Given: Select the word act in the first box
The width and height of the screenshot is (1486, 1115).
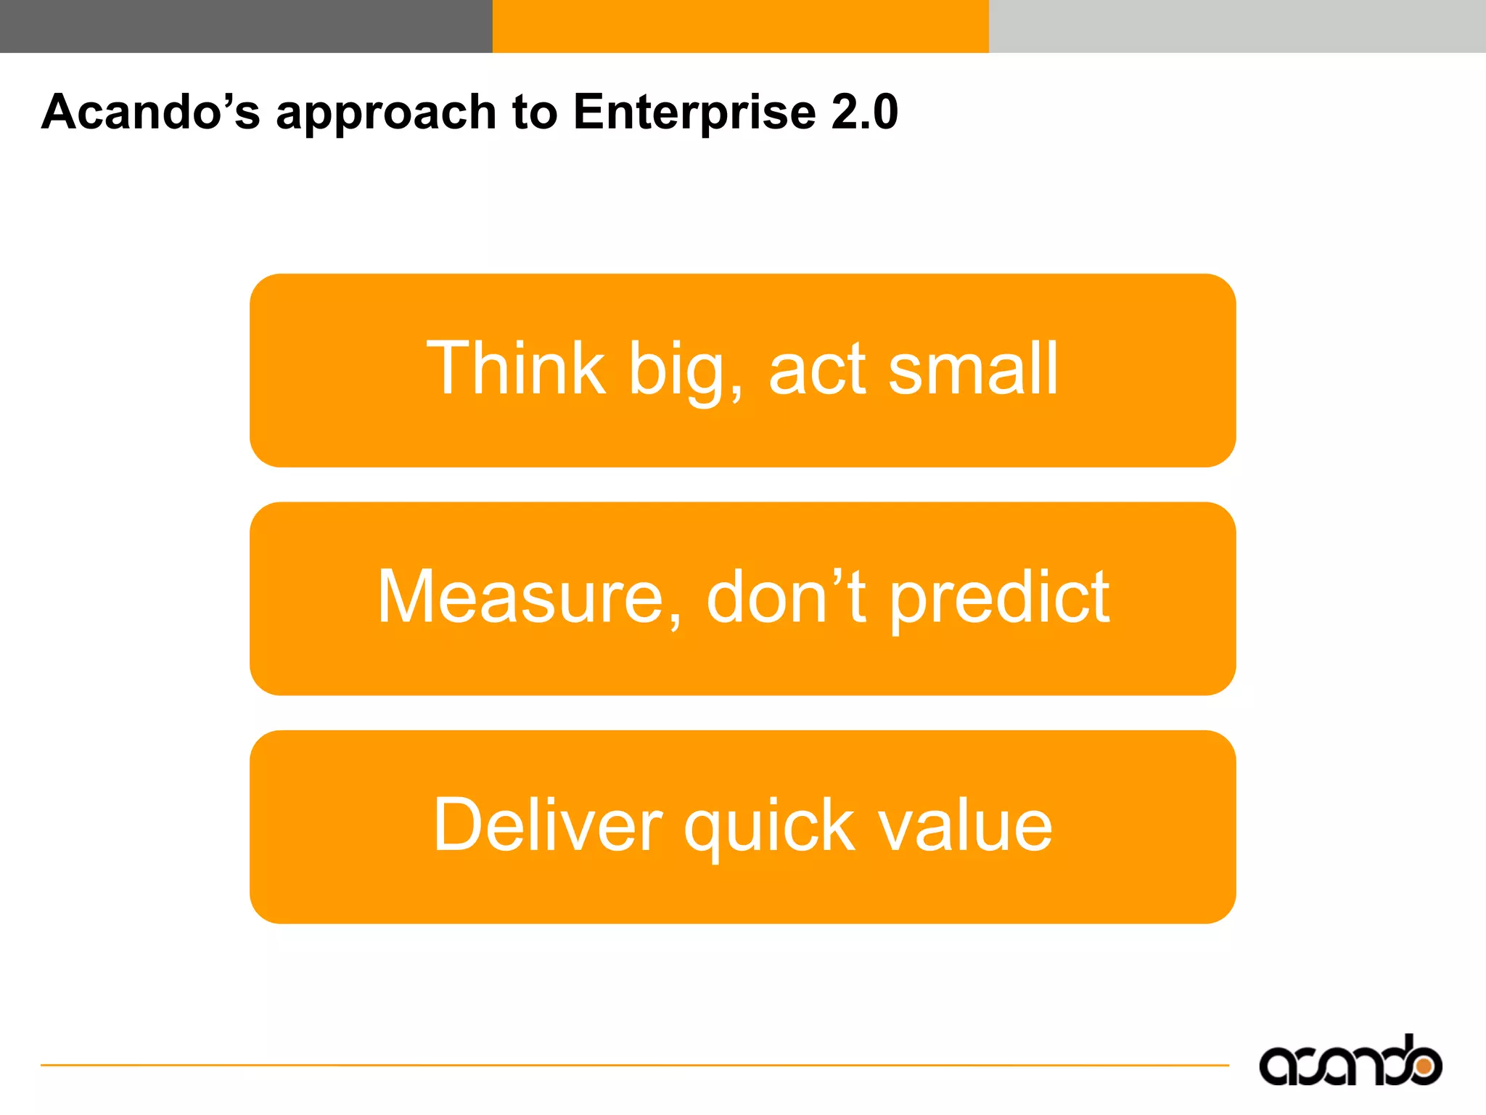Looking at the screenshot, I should tap(817, 370).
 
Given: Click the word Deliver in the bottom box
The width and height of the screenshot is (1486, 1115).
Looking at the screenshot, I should tap(547, 825).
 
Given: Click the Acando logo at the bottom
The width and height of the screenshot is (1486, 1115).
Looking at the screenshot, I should tap(1350, 1062).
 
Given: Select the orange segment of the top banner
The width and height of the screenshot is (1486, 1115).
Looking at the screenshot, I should tap(740, 26).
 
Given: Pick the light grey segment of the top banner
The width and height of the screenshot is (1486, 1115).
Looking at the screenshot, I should tap(1236, 26).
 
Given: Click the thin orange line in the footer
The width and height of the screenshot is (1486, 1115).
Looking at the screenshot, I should tap(631, 1065).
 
